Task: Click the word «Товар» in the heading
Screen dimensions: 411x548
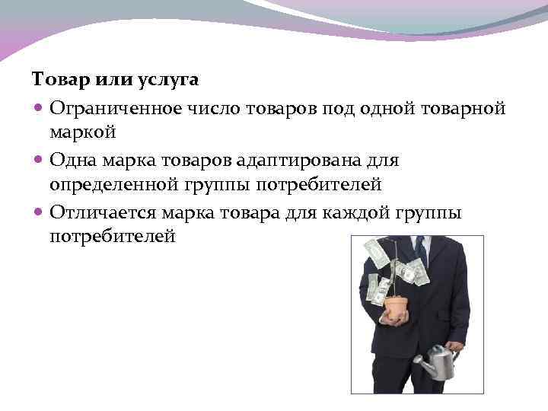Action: pos(55,79)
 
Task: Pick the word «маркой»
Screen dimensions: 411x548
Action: pos(82,132)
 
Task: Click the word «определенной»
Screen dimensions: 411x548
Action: pos(110,184)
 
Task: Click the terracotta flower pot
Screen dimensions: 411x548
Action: pos(395,309)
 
